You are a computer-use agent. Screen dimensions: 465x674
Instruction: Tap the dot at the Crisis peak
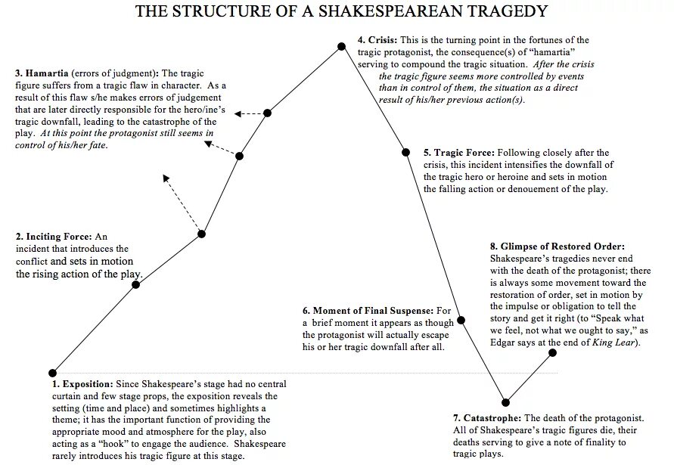point(341,47)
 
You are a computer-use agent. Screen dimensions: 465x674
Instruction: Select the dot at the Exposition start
point(52,373)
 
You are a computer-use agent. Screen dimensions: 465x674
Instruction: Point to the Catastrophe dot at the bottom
point(505,402)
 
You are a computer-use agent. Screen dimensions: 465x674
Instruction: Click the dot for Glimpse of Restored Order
point(552,352)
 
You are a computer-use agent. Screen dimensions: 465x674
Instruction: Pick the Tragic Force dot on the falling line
point(405,153)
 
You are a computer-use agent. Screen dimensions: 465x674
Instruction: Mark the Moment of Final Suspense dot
point(461,320)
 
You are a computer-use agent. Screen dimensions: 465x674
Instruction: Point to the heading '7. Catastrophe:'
point(486,418)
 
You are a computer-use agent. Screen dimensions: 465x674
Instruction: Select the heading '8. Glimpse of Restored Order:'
point(557,246)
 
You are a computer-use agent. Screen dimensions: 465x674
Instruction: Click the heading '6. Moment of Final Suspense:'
point(368,311)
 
